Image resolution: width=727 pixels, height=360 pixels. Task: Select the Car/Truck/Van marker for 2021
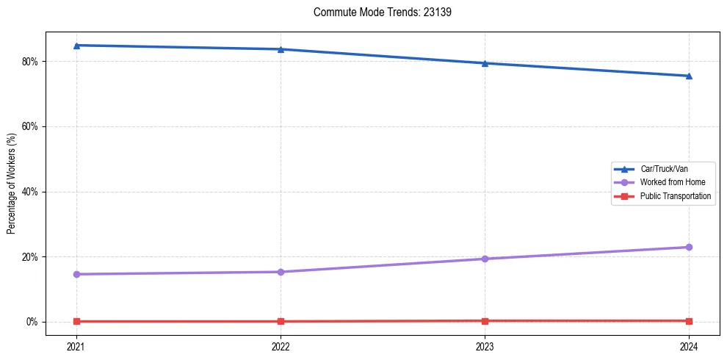[x=76, y=46]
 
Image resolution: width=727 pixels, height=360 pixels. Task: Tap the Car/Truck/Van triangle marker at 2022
[x=281, y=49]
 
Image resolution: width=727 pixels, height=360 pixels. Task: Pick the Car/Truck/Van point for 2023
[x=485, y=63]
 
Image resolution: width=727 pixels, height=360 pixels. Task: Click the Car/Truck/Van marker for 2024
[x=689, y=76]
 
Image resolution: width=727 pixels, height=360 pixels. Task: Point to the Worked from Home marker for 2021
[x=76, y=274]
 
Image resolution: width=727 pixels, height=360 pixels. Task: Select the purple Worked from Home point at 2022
[x=281, y=272]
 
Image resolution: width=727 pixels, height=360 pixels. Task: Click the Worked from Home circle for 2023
[x=485, y=259]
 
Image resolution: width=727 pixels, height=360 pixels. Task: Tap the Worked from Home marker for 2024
[x=689, y=247]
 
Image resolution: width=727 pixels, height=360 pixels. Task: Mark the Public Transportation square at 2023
[x=485, y=320]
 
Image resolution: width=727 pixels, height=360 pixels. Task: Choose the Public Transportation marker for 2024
[x=689, y=320]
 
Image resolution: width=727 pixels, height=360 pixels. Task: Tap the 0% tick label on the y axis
[x=32, y=322]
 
